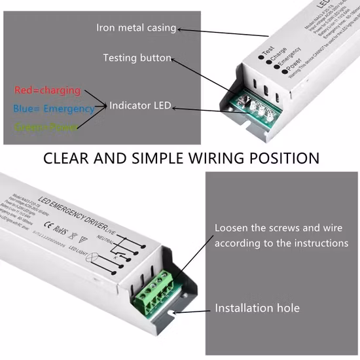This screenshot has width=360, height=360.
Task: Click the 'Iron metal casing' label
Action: [136, 27]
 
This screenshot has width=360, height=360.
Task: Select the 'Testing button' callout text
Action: [137, 58]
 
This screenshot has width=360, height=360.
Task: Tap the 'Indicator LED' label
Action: [140, 105]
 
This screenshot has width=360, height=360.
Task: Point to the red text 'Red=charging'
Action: [47, 90]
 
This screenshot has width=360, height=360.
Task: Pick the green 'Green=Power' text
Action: [46, 127]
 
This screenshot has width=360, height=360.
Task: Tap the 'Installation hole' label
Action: [257, 308]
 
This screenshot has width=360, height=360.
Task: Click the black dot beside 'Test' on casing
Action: [260, 57]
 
